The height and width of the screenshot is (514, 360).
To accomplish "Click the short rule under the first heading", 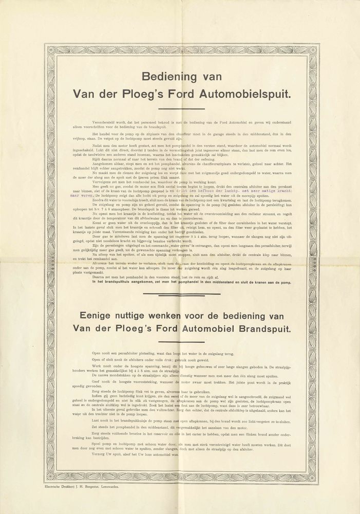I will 182,108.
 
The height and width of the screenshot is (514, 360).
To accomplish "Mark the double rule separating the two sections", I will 182,295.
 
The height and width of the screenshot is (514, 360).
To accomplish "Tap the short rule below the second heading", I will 182,342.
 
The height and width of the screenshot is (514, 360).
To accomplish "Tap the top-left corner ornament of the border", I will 52,50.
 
